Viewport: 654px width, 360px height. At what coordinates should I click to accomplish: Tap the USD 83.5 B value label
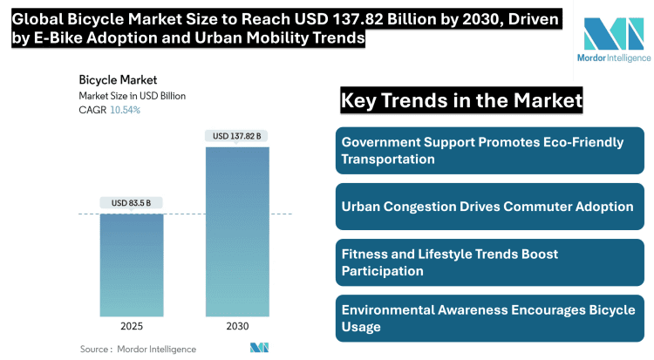(x=131, y=203)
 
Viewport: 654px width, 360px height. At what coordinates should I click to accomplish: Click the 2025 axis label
(x=131, y=326)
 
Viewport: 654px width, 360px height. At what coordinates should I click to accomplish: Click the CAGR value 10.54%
(x=125, y=110)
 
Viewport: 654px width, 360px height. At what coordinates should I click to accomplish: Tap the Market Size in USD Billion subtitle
(x=132, y=96)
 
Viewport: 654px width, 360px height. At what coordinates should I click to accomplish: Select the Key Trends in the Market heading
(x=461, y=101)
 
